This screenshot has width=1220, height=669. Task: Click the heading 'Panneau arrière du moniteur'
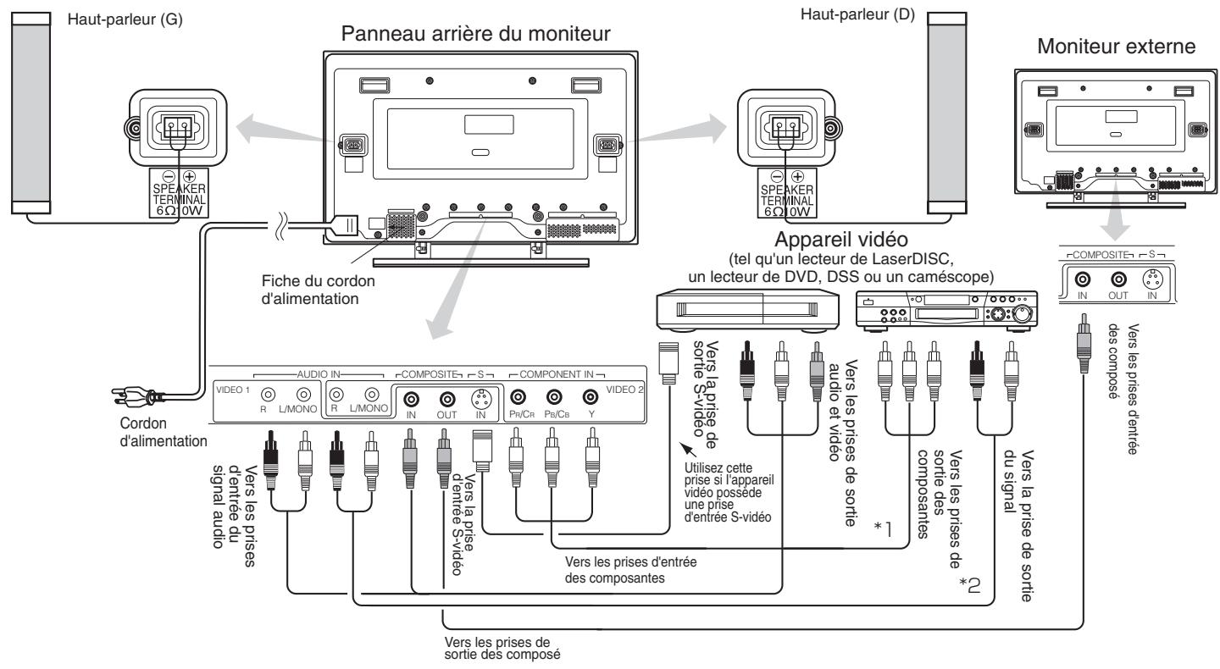(x=479, y=36)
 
